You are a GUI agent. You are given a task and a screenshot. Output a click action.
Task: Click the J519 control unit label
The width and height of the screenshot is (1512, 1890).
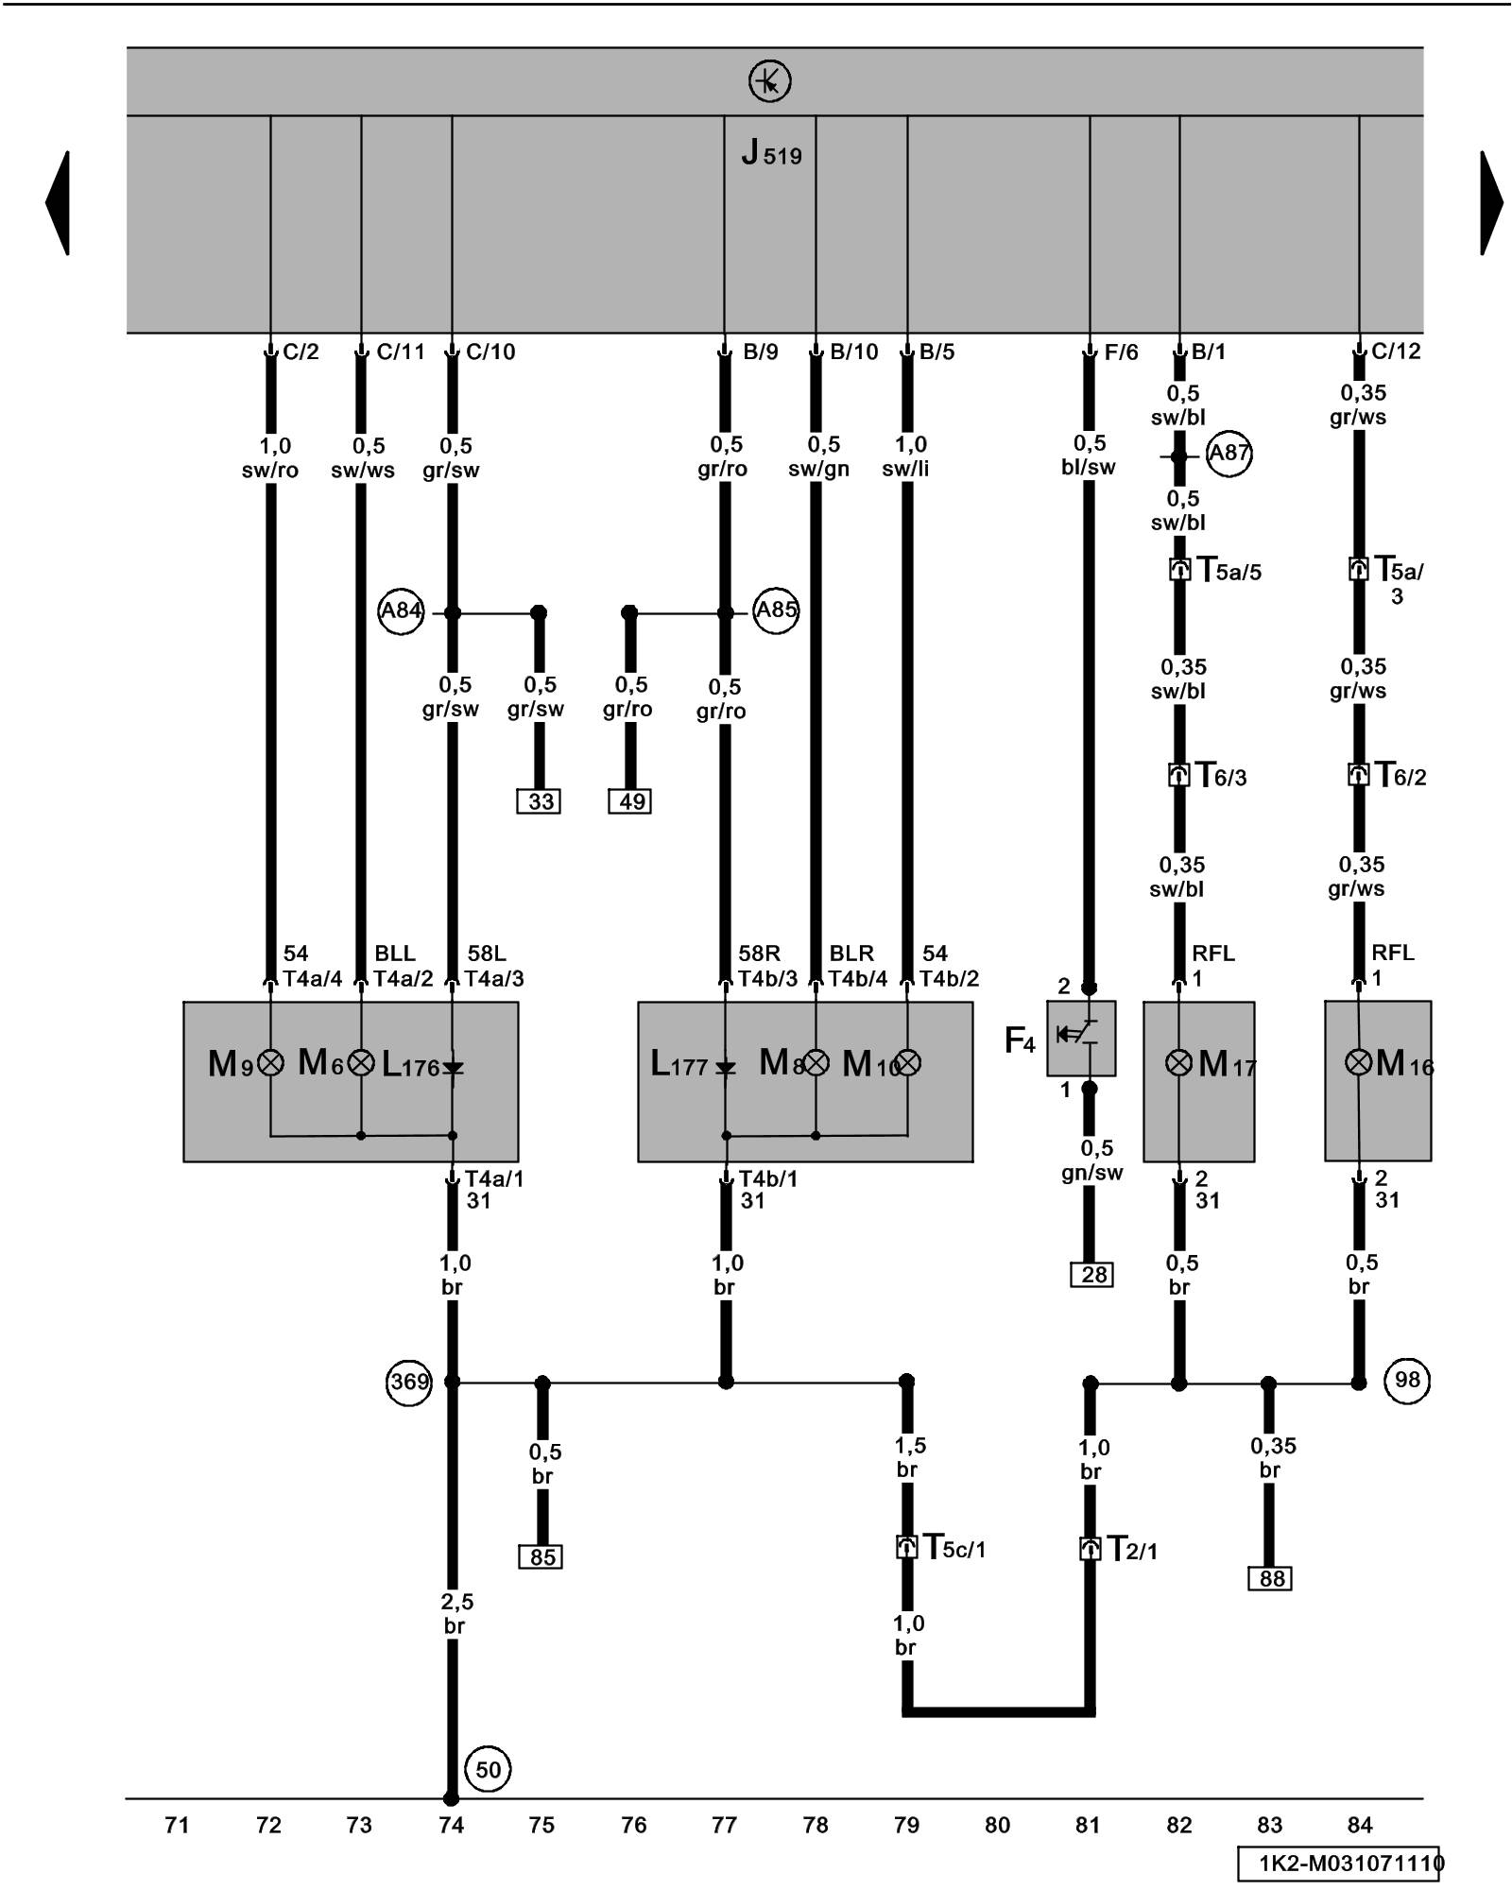click(x=771, y=153)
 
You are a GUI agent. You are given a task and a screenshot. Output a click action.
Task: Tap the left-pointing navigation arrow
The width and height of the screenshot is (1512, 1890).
click(x=59, y=202)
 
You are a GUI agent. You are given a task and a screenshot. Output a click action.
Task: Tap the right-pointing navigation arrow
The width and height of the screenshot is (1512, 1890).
click(x=1490, y=202)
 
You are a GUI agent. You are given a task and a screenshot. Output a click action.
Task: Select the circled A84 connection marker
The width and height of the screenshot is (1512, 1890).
click(x=401, y=611)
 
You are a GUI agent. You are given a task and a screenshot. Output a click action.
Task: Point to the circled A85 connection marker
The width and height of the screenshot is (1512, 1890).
click(x=776, y=610)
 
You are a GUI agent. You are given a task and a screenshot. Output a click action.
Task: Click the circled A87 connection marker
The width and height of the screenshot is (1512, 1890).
click(x=1228, y=454)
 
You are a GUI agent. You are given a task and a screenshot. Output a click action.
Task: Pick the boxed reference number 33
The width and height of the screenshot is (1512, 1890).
click(x=540, y=801)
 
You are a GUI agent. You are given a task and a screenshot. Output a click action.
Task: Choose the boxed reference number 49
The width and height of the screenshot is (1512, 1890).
click(x=630, y=801)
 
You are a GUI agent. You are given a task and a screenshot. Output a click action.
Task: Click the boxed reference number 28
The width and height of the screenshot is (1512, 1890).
click(x=1092, y=1275)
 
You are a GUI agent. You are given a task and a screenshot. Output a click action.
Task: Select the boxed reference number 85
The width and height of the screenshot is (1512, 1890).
click(x=541, y=1556)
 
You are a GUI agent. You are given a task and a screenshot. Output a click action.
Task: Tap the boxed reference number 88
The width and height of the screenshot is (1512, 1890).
click(x=1270, y=1578)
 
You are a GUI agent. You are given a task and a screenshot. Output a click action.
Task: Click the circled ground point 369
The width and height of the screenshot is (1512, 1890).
click(x=409, y=1382)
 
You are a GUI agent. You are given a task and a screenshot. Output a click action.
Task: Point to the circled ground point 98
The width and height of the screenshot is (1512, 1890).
click(x=1407, y=1380)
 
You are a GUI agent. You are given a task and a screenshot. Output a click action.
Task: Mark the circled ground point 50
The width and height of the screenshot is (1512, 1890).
click(x=488, y=1769)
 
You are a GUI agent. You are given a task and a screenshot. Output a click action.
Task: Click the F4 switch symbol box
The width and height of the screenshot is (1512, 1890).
click(x=1081, y=1038)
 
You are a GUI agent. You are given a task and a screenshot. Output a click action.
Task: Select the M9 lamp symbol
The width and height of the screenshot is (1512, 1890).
click(x=271, y=1063)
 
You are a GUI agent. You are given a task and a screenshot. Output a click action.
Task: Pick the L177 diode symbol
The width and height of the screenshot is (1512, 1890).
click(x=725, y=1067)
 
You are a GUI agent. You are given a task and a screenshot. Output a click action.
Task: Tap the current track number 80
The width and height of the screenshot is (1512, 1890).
click(x=997, y=1825)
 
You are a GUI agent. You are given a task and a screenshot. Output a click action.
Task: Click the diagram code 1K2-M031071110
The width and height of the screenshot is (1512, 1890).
click(x=1339, y=1864)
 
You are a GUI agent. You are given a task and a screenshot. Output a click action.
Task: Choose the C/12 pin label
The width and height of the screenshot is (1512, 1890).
click(x=1396, y=352)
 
